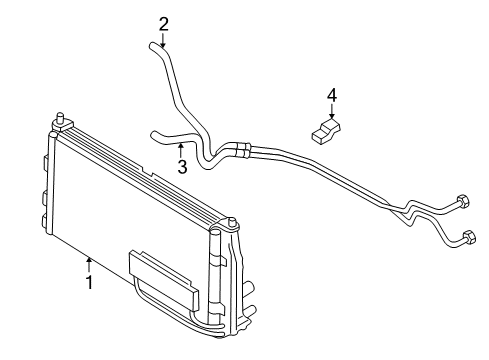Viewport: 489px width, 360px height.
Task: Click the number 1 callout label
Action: [x=89, y=283]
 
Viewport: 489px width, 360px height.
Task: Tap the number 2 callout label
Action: [x=163, y=23]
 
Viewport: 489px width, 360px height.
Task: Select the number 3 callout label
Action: [x=182, y=167]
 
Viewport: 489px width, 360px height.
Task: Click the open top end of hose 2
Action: [x=155, y=45]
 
